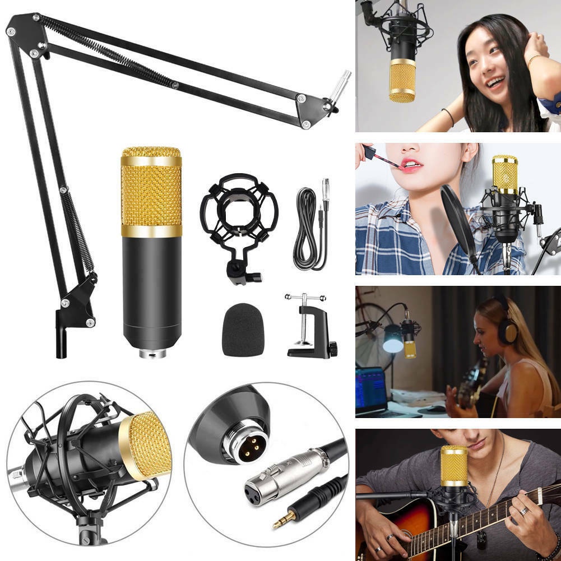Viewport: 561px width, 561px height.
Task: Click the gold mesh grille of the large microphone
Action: click(x=151, y=191)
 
